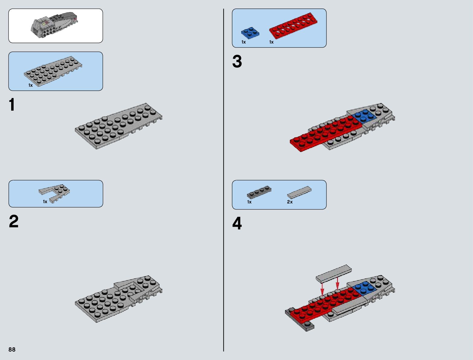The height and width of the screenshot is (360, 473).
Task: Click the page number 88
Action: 12,350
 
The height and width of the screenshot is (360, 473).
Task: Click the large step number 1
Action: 12,105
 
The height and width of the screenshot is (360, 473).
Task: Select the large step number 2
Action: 14,222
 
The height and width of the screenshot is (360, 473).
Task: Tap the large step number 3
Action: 237,62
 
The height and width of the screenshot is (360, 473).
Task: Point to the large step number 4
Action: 237,224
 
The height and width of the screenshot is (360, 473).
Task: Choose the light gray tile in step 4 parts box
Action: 299,192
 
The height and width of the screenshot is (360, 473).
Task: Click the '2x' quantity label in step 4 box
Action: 290,202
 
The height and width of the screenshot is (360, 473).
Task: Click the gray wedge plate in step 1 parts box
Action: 53,71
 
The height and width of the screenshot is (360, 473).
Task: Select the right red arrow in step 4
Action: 338,284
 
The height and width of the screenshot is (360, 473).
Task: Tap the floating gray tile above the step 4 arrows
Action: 334,273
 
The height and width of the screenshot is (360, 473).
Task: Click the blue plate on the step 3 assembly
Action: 365,115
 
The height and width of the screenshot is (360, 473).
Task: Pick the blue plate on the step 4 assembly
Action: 365,288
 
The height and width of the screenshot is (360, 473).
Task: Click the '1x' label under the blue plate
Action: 244,42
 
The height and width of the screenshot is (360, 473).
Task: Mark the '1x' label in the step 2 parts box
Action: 45,202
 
